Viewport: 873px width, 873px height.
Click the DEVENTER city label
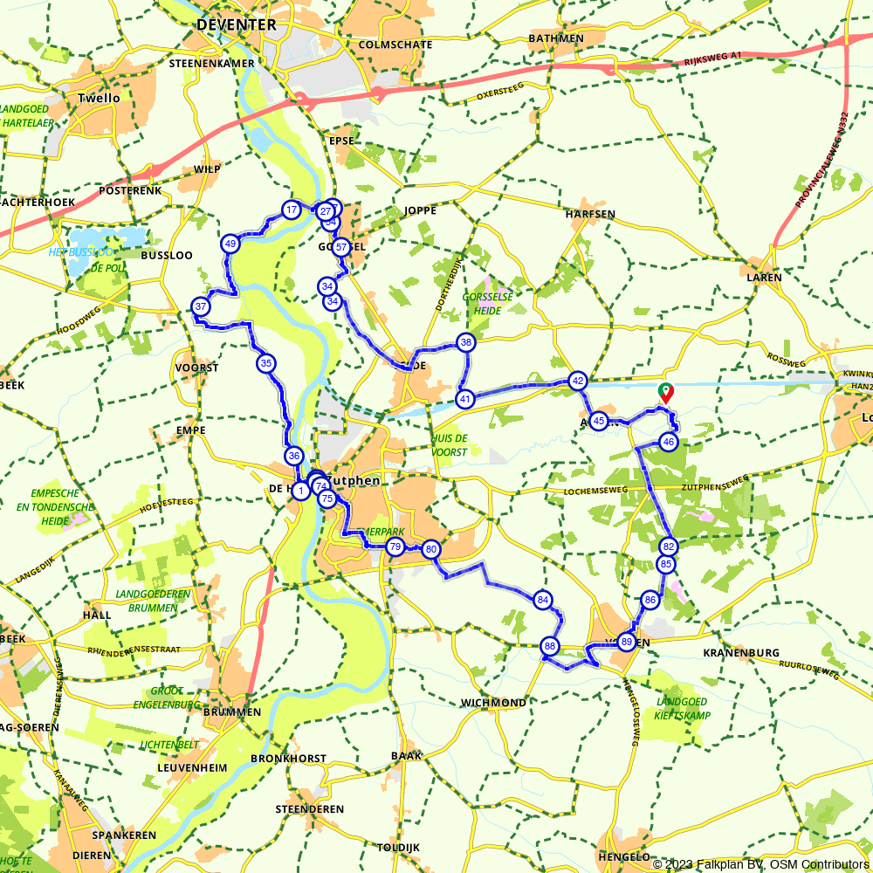236,24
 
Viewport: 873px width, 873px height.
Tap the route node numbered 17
291,210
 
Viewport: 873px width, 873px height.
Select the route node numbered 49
230,244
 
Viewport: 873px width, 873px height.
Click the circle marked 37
201,306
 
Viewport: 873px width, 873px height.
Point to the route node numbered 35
265,363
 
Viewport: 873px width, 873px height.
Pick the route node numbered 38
466,342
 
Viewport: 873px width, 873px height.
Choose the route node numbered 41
465,399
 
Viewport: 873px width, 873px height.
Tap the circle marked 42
577,381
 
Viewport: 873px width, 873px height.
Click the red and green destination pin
665,393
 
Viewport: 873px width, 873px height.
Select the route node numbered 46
669,442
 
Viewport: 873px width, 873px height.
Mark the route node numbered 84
543,600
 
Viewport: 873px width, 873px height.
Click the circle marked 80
430,550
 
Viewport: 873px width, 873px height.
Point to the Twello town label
99,98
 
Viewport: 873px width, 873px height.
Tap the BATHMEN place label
556,38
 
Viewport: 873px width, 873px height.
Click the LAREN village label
764,278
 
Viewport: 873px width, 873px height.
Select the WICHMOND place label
495,703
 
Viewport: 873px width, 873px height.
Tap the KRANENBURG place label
740,652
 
